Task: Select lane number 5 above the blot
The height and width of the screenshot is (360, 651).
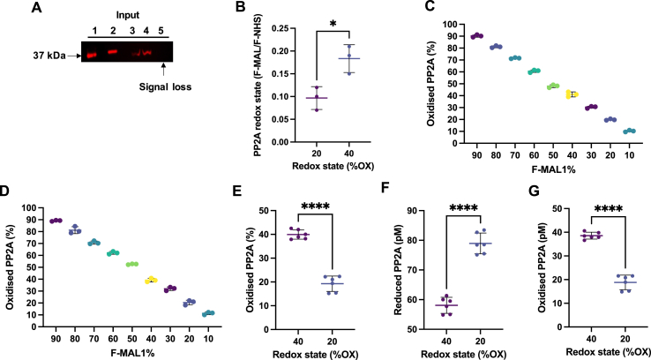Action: pyautogui.click(x=162, y=31)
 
